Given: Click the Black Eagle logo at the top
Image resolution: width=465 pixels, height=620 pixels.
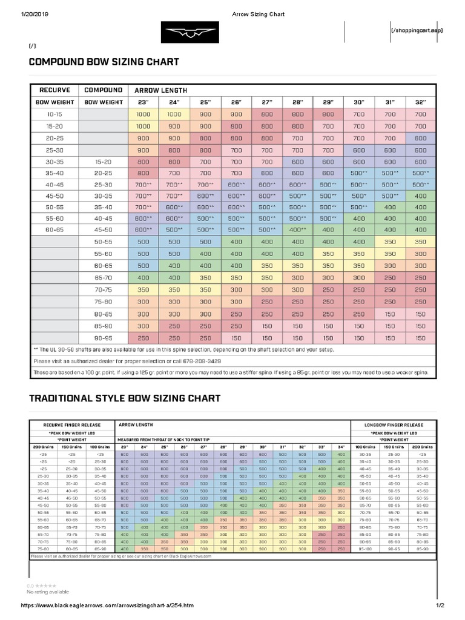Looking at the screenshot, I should [190, 32].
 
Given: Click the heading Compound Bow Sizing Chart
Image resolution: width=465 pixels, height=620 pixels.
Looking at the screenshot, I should [104, 62].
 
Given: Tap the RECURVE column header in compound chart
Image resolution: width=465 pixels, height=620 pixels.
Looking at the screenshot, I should [54, 90].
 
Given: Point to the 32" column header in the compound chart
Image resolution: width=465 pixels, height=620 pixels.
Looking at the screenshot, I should [421, 102].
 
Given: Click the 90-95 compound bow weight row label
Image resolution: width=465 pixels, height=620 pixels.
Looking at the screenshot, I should [103, 338].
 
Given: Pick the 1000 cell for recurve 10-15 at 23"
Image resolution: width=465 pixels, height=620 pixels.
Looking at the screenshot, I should [143, 114].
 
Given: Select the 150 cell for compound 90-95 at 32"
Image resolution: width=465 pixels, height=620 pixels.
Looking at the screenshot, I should [421, 338].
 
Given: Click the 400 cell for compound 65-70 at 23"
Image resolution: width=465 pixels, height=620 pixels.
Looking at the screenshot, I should [143, 277].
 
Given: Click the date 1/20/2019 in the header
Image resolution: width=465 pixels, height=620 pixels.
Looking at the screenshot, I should [37, 14].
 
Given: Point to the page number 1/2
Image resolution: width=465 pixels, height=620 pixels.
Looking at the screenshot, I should [440, 605].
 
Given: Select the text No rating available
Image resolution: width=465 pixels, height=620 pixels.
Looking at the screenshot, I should [48, 592].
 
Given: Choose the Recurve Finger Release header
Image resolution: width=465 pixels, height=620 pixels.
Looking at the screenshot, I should [71, 425].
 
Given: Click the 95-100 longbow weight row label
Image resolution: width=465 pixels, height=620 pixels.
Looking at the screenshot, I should [365, 549].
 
